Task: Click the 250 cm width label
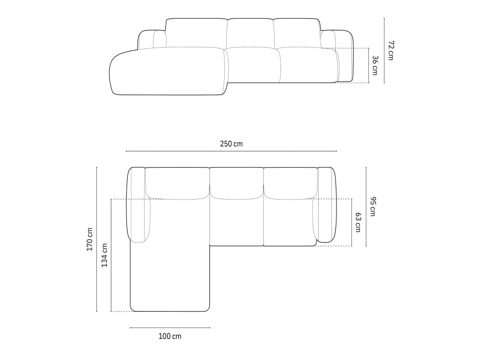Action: click(x=231, y=144)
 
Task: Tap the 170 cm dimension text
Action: click(x=90, y=239)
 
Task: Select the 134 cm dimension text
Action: click(x=104, y=255)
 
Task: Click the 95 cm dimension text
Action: click(x=373, y=207)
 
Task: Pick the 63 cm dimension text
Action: click(x=358, y=222)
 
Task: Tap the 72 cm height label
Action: click(x=391, y=51)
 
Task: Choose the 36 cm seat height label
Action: click(x=375, y=65)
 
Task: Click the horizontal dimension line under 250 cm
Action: click(x=231, y=151)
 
